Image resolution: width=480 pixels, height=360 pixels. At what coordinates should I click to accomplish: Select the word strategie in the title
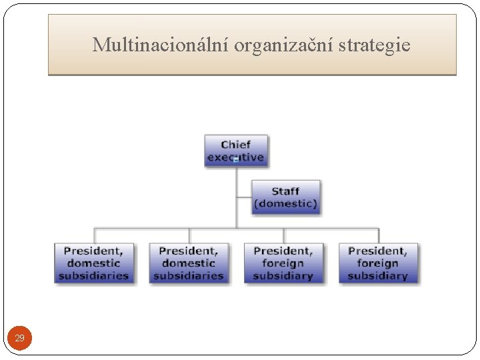[x=375, y=45]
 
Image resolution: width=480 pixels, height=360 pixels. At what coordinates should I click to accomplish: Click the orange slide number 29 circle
[x=20, y=339]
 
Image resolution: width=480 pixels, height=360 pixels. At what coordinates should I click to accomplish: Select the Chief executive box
[x=236, y=151]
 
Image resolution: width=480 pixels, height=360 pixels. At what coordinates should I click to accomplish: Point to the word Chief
[x=236, y=145]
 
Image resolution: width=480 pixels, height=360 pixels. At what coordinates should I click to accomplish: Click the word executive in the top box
[x=236, y=157]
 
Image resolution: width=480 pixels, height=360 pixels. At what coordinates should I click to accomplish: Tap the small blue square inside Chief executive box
[x=236, y=160]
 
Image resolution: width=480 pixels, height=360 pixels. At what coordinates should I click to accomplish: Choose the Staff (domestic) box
[x=285, y=197]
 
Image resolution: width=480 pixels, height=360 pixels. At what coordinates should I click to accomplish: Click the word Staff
[x=285, y=191]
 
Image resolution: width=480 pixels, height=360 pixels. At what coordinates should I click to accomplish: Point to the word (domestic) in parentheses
[x=285, y=203]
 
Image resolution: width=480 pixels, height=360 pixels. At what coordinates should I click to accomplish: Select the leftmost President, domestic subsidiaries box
[x=93, y=263]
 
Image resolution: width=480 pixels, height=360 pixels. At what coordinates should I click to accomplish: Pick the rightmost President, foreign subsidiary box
[x=378, y=263]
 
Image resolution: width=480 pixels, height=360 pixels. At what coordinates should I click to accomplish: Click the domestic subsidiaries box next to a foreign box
[x=188, y=263]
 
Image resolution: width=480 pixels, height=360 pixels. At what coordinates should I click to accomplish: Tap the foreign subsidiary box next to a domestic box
[x=283, y=263]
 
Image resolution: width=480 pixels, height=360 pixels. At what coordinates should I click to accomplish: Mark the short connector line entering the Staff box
[x=244, y=197]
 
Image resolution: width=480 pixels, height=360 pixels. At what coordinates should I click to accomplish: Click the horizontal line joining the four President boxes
[x=236, y=229]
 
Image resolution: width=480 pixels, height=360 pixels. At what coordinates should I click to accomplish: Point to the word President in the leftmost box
[x=93, y=251]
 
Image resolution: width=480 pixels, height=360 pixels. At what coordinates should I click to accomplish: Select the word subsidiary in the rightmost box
[x=378, y=275]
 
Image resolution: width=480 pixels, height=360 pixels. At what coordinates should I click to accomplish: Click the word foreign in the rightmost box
[x=378, y=263]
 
